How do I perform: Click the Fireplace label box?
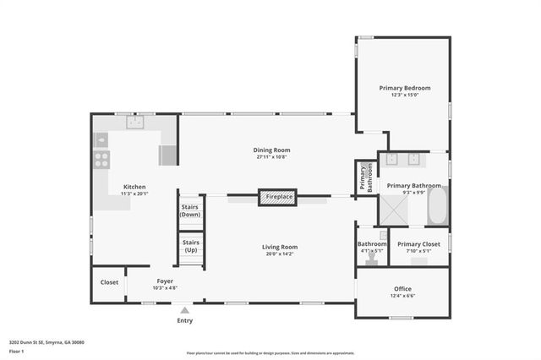tap(279, 196)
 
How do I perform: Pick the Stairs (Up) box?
tap(190, 247)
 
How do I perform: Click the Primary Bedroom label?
tap(404, 88)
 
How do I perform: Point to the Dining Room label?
tap(272, 150)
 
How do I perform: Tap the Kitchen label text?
tap(134, 187)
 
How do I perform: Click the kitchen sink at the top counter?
tap(135, 123)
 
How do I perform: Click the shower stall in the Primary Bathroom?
tap(392, 207)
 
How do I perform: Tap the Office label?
tap(402, 288)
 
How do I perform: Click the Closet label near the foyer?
tap(109, 282)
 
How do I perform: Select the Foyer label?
tap(166, 281)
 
